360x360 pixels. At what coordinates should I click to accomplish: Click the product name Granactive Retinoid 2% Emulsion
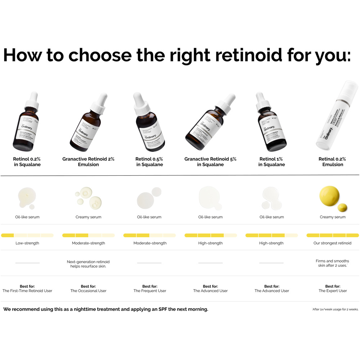click(88, 162)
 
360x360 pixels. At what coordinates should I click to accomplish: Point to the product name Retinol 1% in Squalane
click(271, 162)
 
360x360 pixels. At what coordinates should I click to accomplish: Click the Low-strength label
click(27, 243)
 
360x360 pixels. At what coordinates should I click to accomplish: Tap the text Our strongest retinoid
click(332, 243)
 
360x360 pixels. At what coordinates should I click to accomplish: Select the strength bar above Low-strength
click(27, 235)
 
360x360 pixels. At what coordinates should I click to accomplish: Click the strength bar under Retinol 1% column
click(271, 235)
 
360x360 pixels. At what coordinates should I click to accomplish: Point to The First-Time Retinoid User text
click(27, 291)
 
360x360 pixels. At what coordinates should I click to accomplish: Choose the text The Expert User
click(333, 291)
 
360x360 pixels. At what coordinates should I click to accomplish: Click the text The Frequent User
click(150, 291)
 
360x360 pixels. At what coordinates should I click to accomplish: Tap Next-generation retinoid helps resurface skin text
click(88, 264)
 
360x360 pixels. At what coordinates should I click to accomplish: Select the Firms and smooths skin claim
click(332, 263)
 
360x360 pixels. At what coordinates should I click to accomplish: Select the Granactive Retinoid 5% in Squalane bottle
click(211, 124)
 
